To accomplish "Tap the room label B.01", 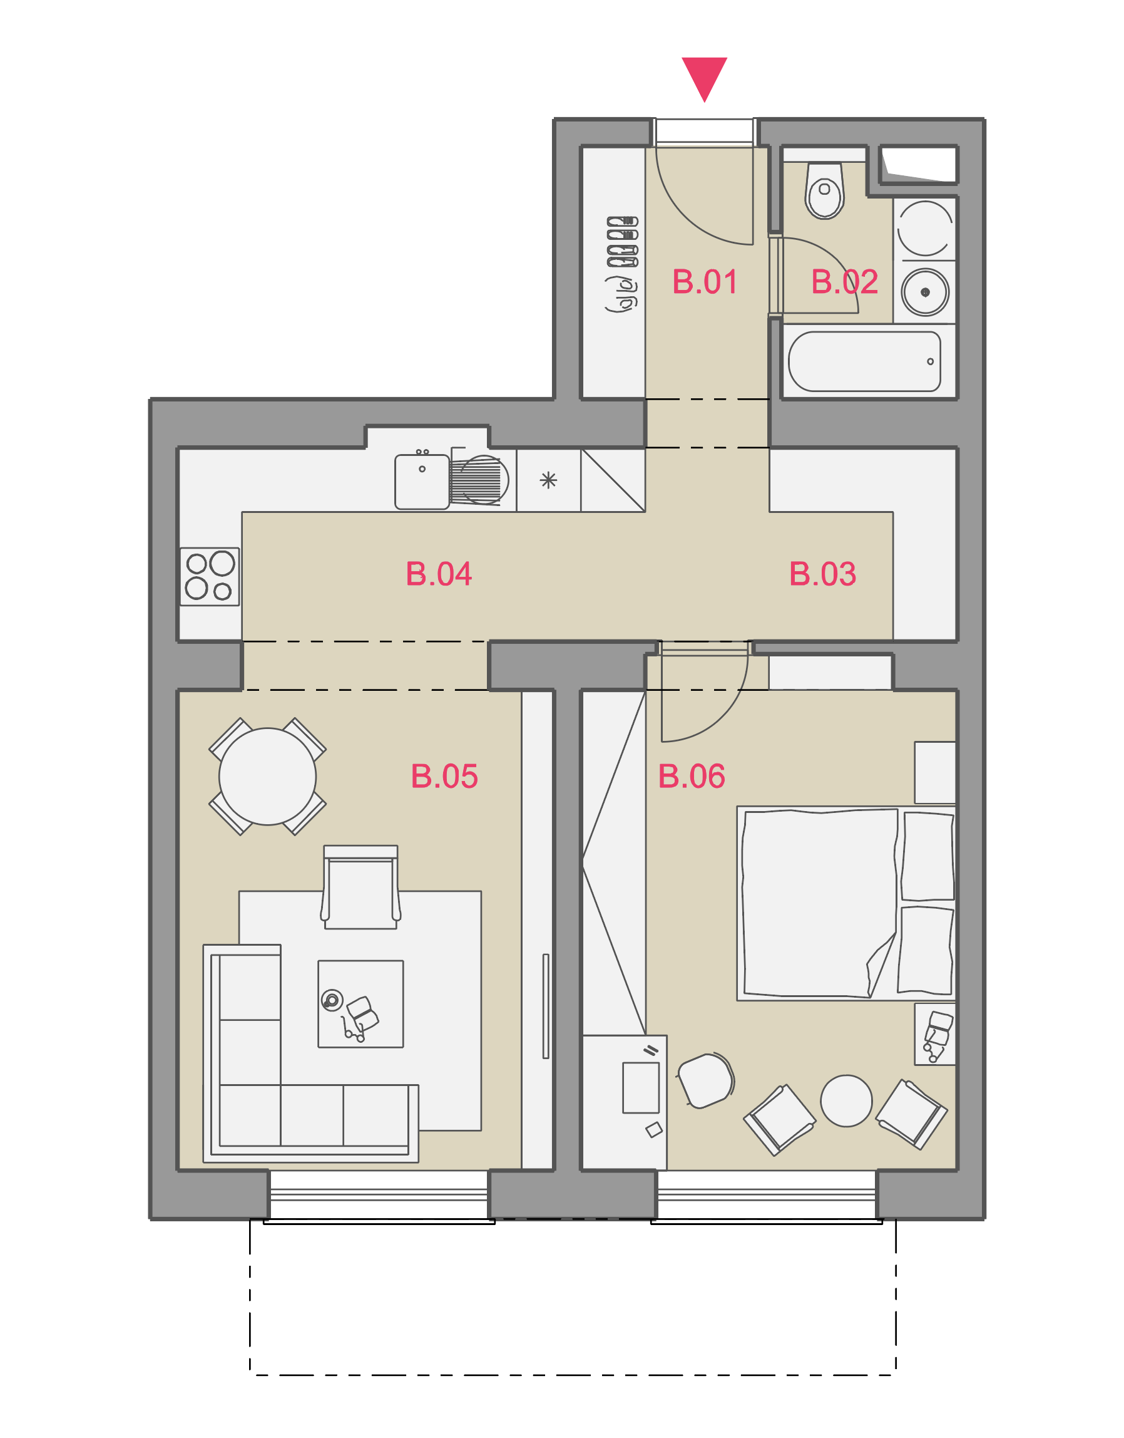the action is (704, 282).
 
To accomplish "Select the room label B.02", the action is (844, 282).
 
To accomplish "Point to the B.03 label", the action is (822, 574).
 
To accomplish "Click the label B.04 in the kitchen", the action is (439, 574).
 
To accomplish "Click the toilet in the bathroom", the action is (825, 190).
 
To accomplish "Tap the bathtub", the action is (865, 361).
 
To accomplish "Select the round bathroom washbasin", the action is (925, 292).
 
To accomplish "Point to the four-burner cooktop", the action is (210, 576).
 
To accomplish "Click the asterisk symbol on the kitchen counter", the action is (548, 480).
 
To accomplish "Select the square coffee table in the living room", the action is (360, 1004).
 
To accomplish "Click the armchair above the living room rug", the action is (360, 887).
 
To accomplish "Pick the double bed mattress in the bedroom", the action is (820, 903).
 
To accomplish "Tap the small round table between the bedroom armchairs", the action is (846, 1101).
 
